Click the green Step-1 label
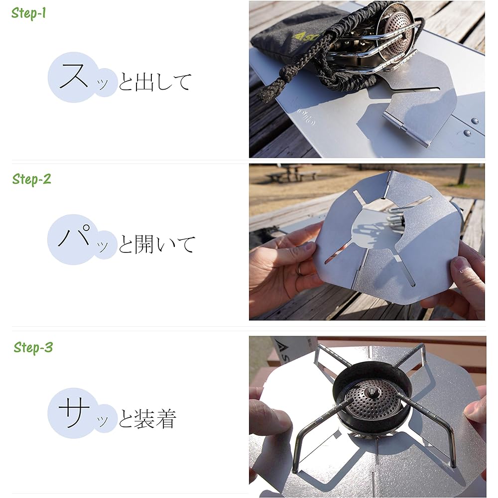click(28, 13)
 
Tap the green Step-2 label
click(31, 179)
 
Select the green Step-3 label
click(33, 347)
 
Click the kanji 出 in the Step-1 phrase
click(145, 82)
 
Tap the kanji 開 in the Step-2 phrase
click(145, 244)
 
